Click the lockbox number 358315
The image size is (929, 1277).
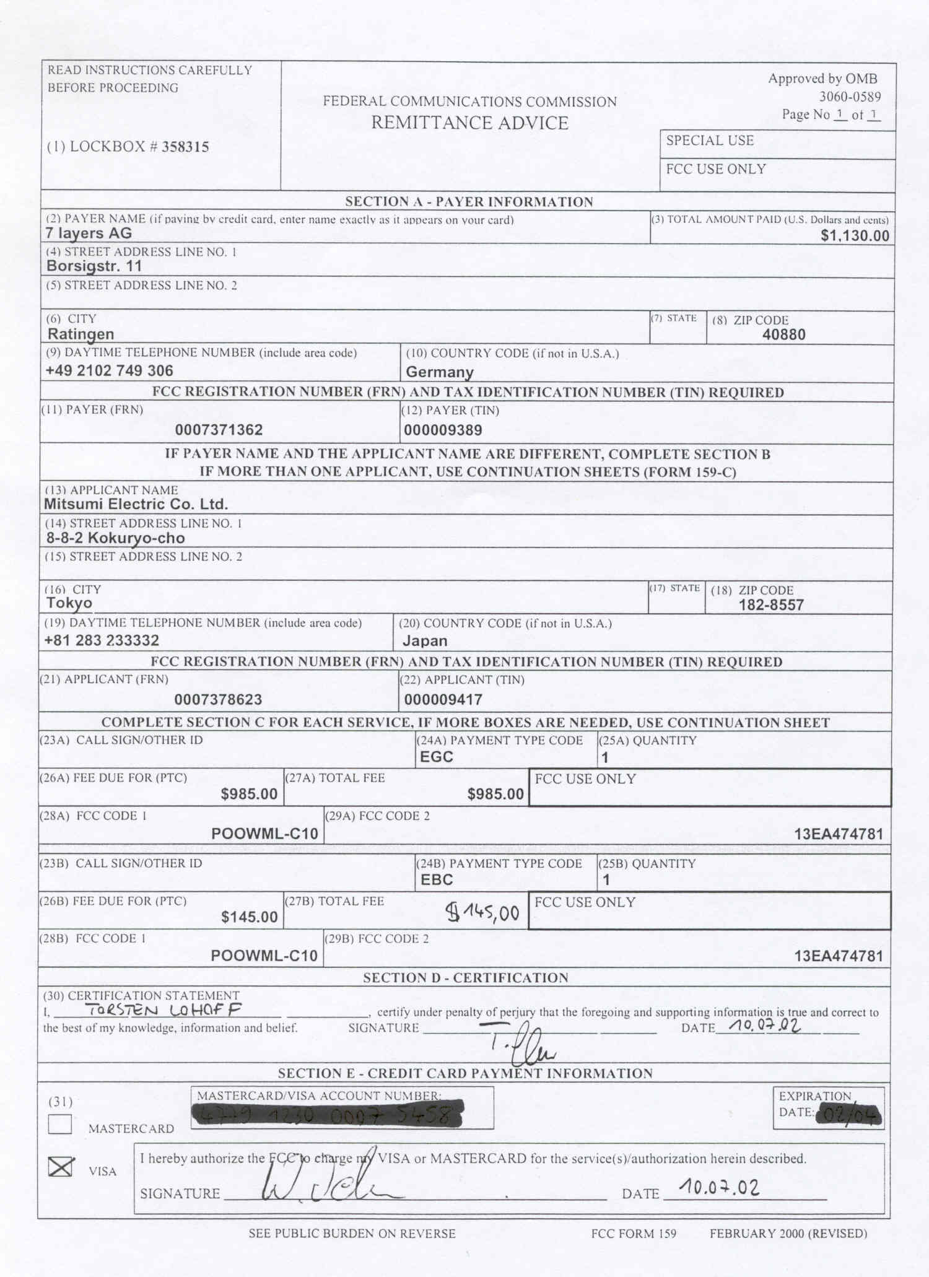tap(185, 147)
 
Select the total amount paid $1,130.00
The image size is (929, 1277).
tap(855, 236)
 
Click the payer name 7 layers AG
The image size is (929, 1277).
tap(89, 233)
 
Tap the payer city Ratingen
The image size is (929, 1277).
tap(81, 334)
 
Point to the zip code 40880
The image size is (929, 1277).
tap(784, 335)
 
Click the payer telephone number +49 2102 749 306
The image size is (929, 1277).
tap(109, 371)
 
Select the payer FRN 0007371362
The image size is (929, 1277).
tap(219, 430)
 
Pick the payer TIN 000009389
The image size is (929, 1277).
tap(443, 430)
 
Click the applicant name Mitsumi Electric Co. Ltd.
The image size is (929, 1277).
tap(136, 504)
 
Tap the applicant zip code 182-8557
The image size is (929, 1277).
tap(771, 605)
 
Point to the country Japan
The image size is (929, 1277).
tap(425, 641)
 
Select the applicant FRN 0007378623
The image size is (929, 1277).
tap(218, 700)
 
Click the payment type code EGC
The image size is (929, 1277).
tap(437, 757)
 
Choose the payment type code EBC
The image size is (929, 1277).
tap(437, 880)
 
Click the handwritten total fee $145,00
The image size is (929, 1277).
tap(483, 912)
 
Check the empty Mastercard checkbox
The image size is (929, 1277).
tap(60, 1124)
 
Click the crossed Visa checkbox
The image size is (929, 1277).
tap(61, 1167)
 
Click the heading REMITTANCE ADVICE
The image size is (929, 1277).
tap(469, 123)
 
